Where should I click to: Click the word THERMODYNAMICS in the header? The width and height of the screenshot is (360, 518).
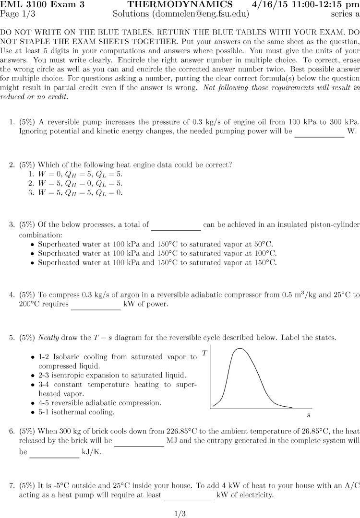(180, 5)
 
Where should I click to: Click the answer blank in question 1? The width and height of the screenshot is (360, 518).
(319, 136)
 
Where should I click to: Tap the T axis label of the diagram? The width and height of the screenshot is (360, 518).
(205, 353)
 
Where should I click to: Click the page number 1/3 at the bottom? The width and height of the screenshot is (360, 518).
(180, 514)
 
